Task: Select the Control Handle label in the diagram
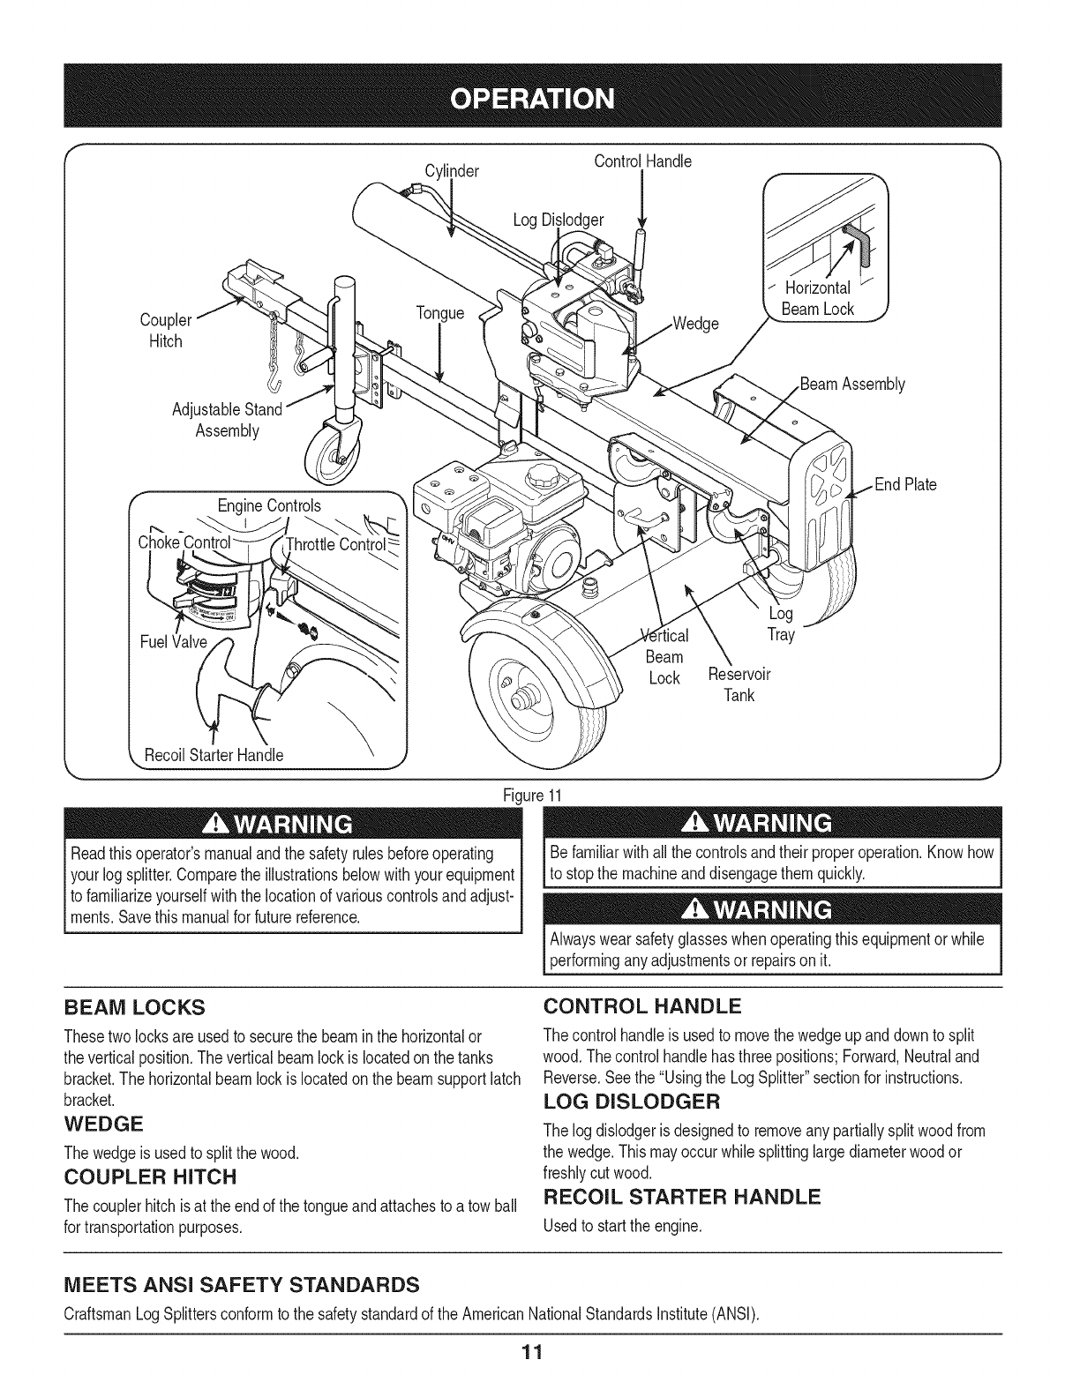coord(642,161)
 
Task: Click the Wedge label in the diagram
coord(695,323)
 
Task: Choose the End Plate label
coord(905,484)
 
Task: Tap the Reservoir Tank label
coord(739,685)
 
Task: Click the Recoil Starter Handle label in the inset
coord(215,755)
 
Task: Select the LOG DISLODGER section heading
coord(632,1102)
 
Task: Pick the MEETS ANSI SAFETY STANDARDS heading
coord(241,1281)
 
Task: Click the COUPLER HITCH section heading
coord(151,1177)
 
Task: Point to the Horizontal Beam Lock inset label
coord(817,298)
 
